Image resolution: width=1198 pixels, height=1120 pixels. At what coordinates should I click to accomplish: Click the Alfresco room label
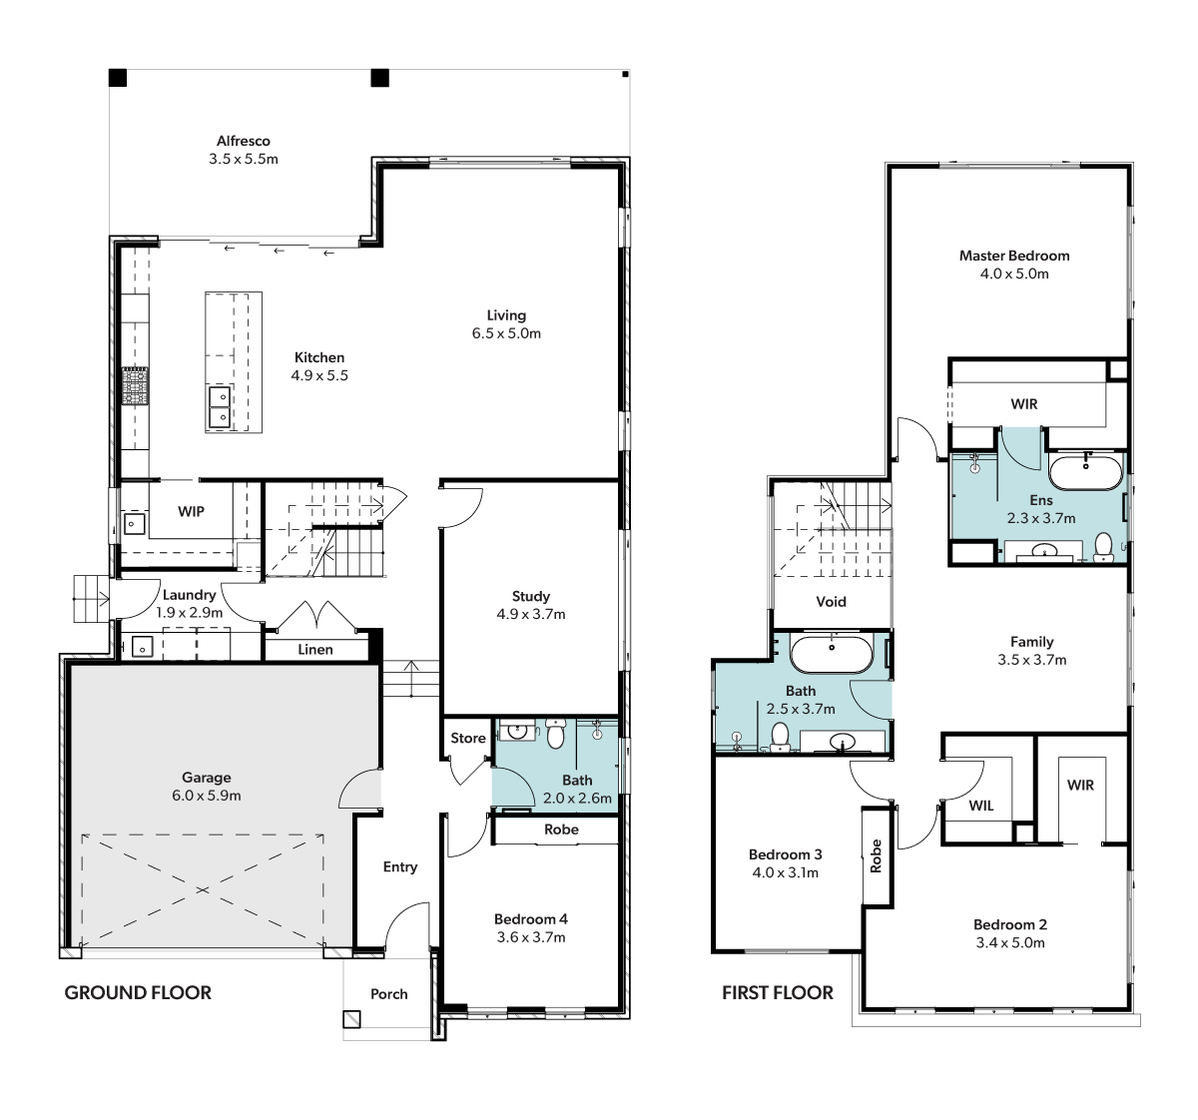[x=244, y=141]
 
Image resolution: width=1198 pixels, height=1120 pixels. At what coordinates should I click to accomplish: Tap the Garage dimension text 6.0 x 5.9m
[x=207, y=796]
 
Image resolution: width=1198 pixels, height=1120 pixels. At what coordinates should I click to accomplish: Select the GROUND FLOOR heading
[x=138, y=992]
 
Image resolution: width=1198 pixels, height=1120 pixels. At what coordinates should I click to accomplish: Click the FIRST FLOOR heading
[x=778, y=992]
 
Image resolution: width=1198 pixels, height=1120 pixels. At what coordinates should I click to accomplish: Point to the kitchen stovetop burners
[x=135, y=385]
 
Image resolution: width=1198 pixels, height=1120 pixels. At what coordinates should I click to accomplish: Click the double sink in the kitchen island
[x=220, y=406]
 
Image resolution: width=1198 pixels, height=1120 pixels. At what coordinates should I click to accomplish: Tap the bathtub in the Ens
[x=1086, y=472]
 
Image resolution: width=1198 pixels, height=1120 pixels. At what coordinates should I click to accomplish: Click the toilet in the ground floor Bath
[x=555, y=733]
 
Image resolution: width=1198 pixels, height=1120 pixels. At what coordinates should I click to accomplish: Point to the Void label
[x=831, y=602]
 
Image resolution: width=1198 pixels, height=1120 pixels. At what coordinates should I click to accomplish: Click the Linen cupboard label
[x=314, y=649]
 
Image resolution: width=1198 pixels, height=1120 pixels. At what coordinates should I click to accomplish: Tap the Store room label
[x=468, y=738]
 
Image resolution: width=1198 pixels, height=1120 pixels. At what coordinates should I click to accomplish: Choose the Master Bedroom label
[x=1014, y=256]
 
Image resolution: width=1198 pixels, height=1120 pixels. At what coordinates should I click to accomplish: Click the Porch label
[x=388, y=994]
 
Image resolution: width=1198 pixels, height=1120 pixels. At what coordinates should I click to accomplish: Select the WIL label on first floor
[x=980, y=806]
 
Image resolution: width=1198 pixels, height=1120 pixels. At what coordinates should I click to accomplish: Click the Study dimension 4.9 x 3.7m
[x=531, y=614]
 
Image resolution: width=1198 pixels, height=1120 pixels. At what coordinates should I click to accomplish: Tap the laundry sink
[x=142, y=646]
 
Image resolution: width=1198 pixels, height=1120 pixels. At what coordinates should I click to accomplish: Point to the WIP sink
[x=134, y=523]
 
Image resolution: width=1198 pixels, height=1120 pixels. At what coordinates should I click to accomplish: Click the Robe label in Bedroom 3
[x=876, y=855]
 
